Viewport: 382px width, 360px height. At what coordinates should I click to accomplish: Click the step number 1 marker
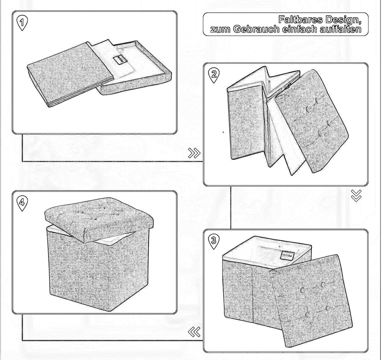pyautogui.click(x=23, y=23)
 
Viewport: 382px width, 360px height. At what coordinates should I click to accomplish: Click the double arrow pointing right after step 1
pyautogui.click(x=194, y=153)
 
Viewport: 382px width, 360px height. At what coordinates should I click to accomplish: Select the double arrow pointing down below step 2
pyautogui.click(x=356, y=195)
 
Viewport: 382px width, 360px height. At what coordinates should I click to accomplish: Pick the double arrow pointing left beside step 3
pyautogui.click(x=194, y=332)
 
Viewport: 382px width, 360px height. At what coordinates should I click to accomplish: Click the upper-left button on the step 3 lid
pyautogui.click(x=303, y=290)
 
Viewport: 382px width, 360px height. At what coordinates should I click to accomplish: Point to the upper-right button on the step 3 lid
pyautogui.click(x=323, y=285)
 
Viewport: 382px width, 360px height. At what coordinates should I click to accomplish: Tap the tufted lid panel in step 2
pyautogui.click(x=311, y=120)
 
